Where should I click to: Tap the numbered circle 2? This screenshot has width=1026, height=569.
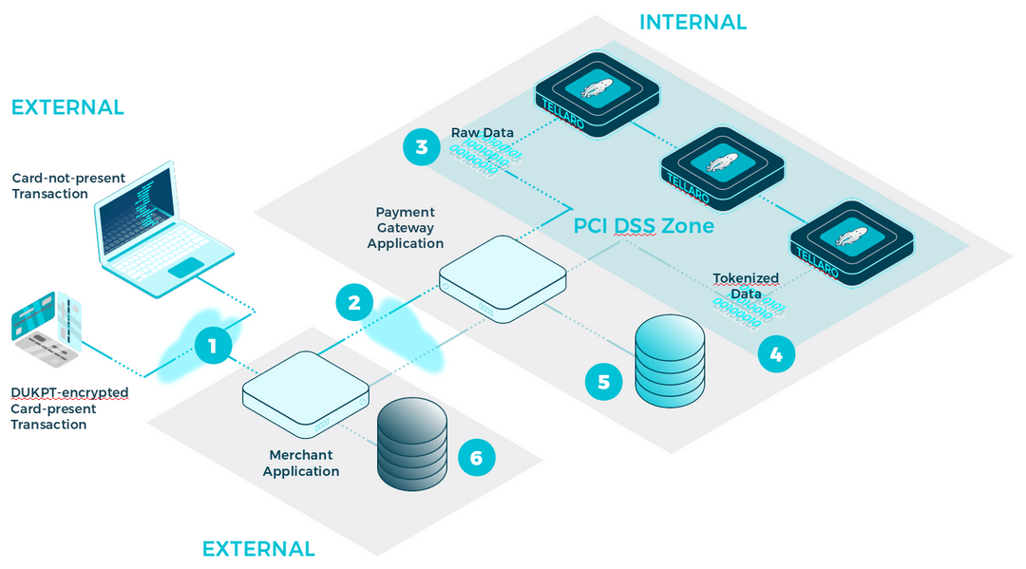click(x=354, y=303)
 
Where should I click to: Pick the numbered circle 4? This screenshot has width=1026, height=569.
click(x=776, y=354)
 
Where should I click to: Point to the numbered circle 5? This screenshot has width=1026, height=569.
click(x=603, y=381)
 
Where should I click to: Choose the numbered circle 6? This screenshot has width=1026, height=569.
click(x=476, y=458)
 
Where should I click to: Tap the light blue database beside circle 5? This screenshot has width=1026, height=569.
click(x=670, y=361)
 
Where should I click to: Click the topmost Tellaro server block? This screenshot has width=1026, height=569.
click(x=597, y=94)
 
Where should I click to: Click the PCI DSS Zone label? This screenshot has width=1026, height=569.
click(x=643, y=227)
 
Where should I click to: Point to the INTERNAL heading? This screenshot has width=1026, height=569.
click(x=693, y=22)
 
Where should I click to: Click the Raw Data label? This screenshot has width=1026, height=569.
click(x=483, y=133)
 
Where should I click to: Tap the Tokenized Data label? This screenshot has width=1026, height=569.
click(x=746, y=286)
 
